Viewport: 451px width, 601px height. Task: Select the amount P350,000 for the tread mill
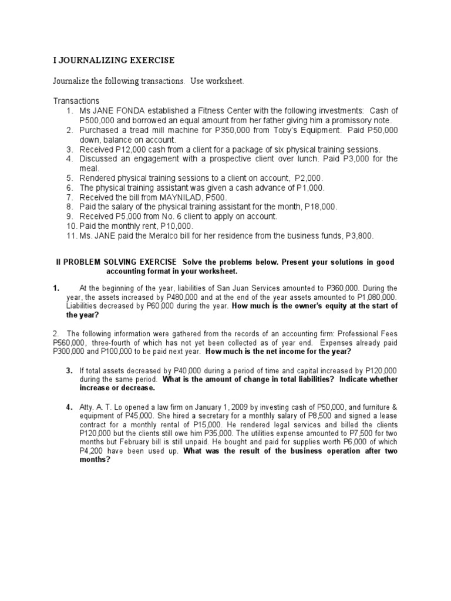pyautogui.click(x=227, y=130)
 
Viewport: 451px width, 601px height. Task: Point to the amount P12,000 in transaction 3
pyautogui.click(x=134, y=149)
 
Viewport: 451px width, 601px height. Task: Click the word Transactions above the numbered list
pyautogui.click(x=76, y=101)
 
